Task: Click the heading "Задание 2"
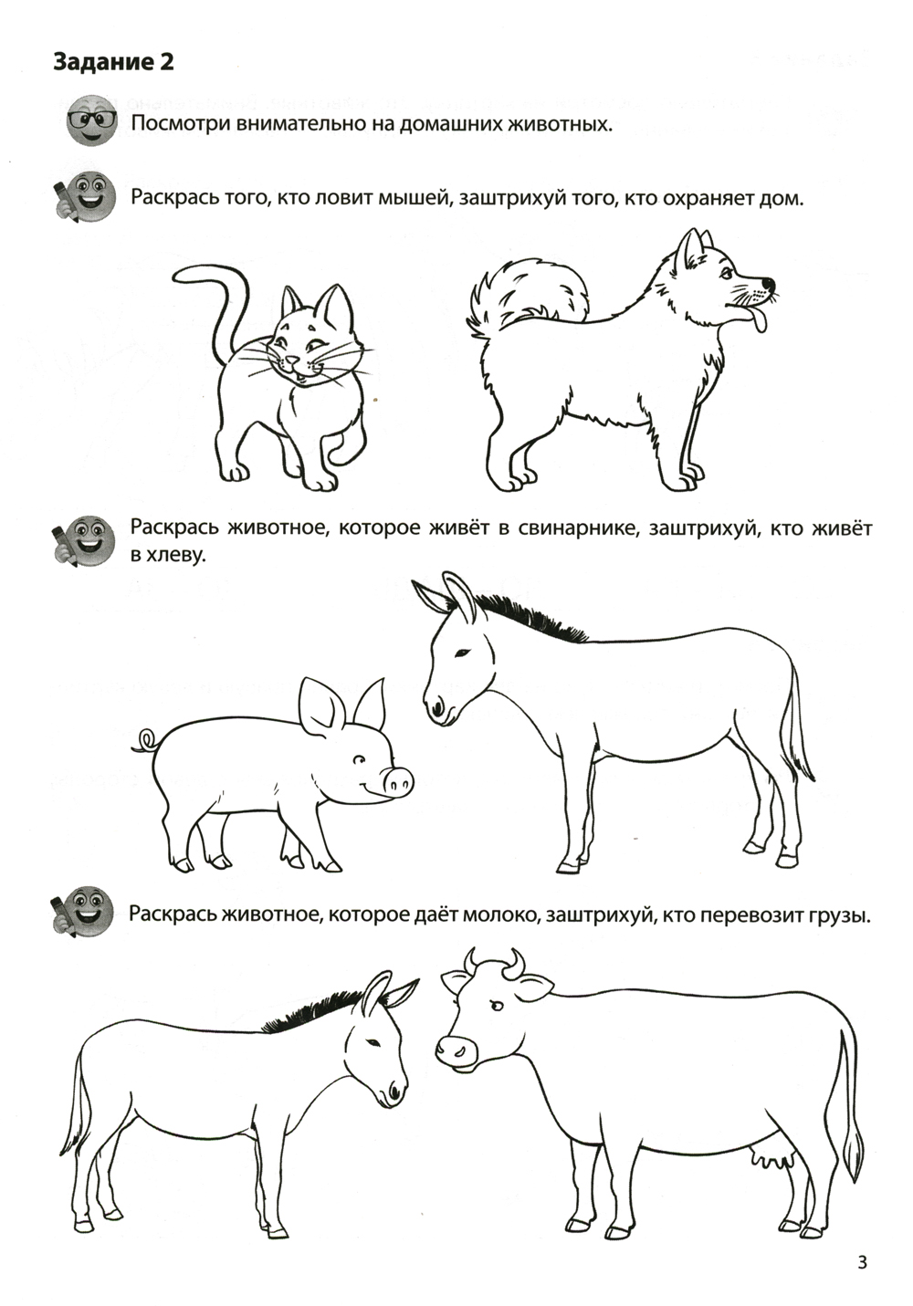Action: (x=113, y=62)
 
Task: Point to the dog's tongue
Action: (x=755, y=318)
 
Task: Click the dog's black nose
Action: (x=770, y=284)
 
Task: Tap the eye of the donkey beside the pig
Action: (x=463, y=651)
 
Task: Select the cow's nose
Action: (x=456, y=1050)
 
